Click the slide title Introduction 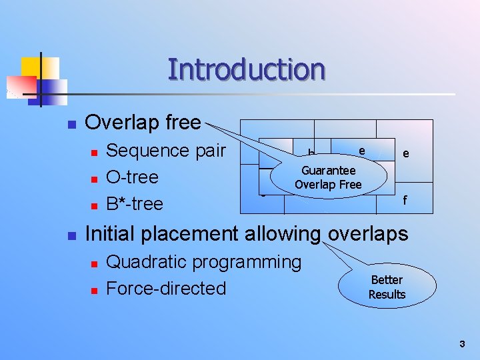(x=246, y=69)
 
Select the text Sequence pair (x=166, y=151)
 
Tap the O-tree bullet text (x=132, y=177)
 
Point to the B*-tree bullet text (x=135, y=203)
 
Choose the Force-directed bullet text (x=166, y=288)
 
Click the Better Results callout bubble (x=387, y=287)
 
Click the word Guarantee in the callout (x=328, y=171)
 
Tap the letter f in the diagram (x=404, y=199)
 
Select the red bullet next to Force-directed (x=94, y=291)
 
